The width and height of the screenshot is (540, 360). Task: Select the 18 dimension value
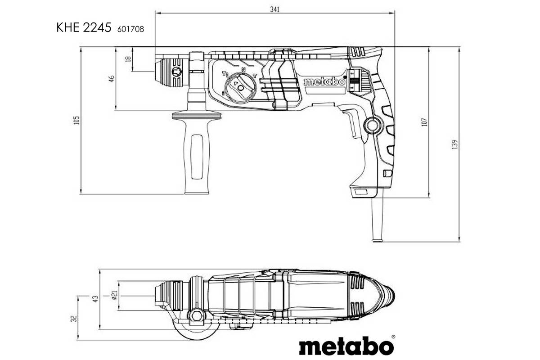click(128, 59)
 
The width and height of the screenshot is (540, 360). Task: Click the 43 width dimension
click(95, 299)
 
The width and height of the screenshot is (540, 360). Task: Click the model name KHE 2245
click(84, 28)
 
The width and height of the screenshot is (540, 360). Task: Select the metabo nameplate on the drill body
click(324, 82)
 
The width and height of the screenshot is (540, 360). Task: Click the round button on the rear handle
click(371, 125)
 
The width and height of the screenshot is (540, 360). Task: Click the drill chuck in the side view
click(173, 71)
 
